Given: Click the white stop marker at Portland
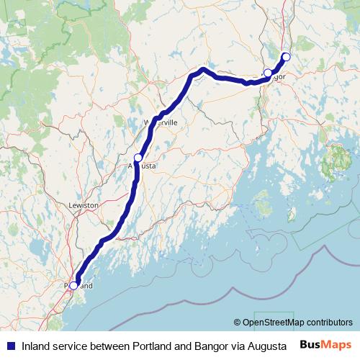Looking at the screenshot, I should pos(73,286).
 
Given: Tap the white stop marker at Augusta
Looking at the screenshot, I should pos(138,157).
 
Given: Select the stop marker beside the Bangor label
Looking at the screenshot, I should pos(268,72).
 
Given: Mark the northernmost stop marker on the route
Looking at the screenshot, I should pos(286,56).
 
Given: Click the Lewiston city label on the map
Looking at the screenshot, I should pos(83,205).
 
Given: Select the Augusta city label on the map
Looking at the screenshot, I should pos(143,166).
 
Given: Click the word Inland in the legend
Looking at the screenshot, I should pos(35,345).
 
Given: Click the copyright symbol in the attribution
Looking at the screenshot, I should pos(237,322).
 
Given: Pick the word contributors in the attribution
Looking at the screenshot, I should pos(328,322).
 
